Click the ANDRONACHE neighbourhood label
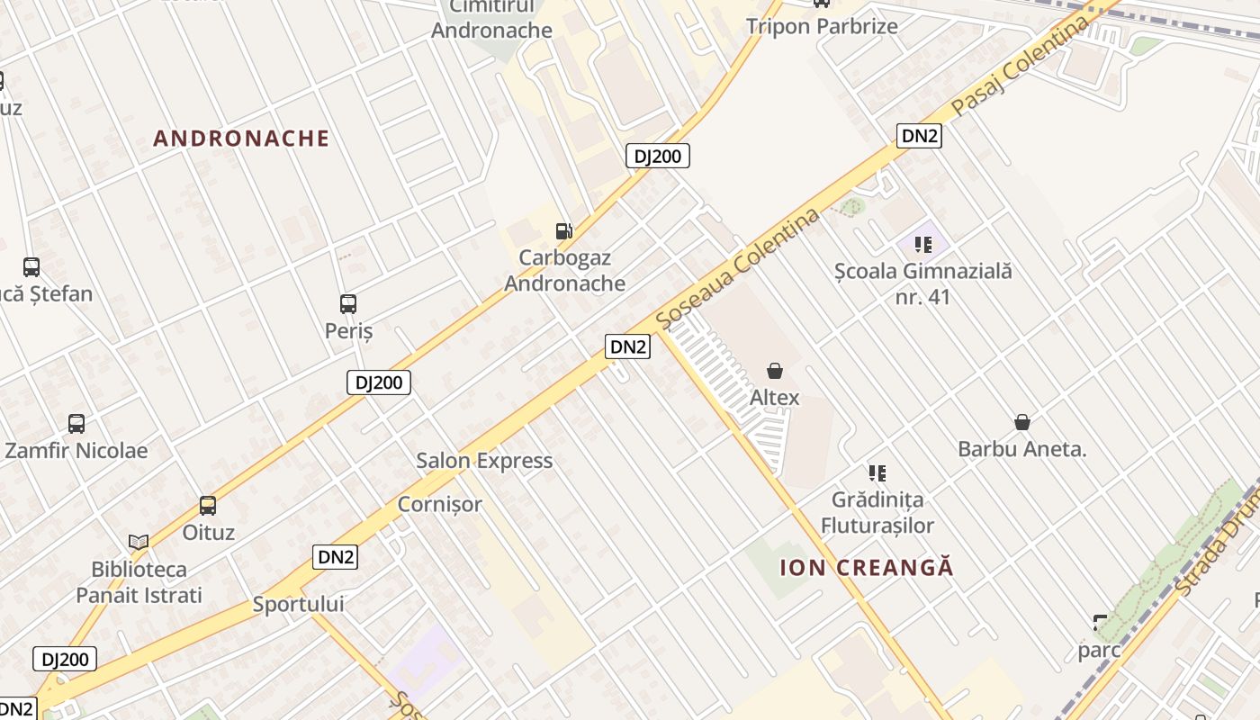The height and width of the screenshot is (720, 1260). (x=241, y=139)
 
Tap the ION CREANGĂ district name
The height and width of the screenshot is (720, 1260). (x=866, y=568)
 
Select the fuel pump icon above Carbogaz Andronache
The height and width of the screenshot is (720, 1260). (x=564, y=231)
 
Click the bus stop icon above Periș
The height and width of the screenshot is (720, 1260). (x=348, y=304)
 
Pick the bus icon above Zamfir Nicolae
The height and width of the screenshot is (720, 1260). (x=76, y=424)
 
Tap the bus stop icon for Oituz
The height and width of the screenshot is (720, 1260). (x=208, y=506)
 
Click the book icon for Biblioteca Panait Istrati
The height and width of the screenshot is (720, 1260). (x=139, y=542)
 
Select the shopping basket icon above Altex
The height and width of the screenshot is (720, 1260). (x=774, y=371)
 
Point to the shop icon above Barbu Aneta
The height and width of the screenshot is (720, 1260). (x=1022, y=422)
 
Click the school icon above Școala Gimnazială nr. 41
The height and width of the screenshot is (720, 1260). (x=922, y=244)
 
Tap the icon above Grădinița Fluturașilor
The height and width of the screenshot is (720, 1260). (x=877, y=472)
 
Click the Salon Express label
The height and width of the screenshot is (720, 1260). (x=484, y=461)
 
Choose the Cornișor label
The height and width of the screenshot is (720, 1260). (x=440, y=504)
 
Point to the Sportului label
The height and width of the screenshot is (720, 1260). (x=299, y=604)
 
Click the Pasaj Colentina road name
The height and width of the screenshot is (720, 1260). (x=1021, y=67)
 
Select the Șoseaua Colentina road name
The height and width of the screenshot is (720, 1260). (x=738, y=268)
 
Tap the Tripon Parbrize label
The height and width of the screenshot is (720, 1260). (x=822, y=26)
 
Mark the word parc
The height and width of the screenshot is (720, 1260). (x=1100, y=649)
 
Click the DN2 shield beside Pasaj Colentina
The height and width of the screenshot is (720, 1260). (x=919, y=136)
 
